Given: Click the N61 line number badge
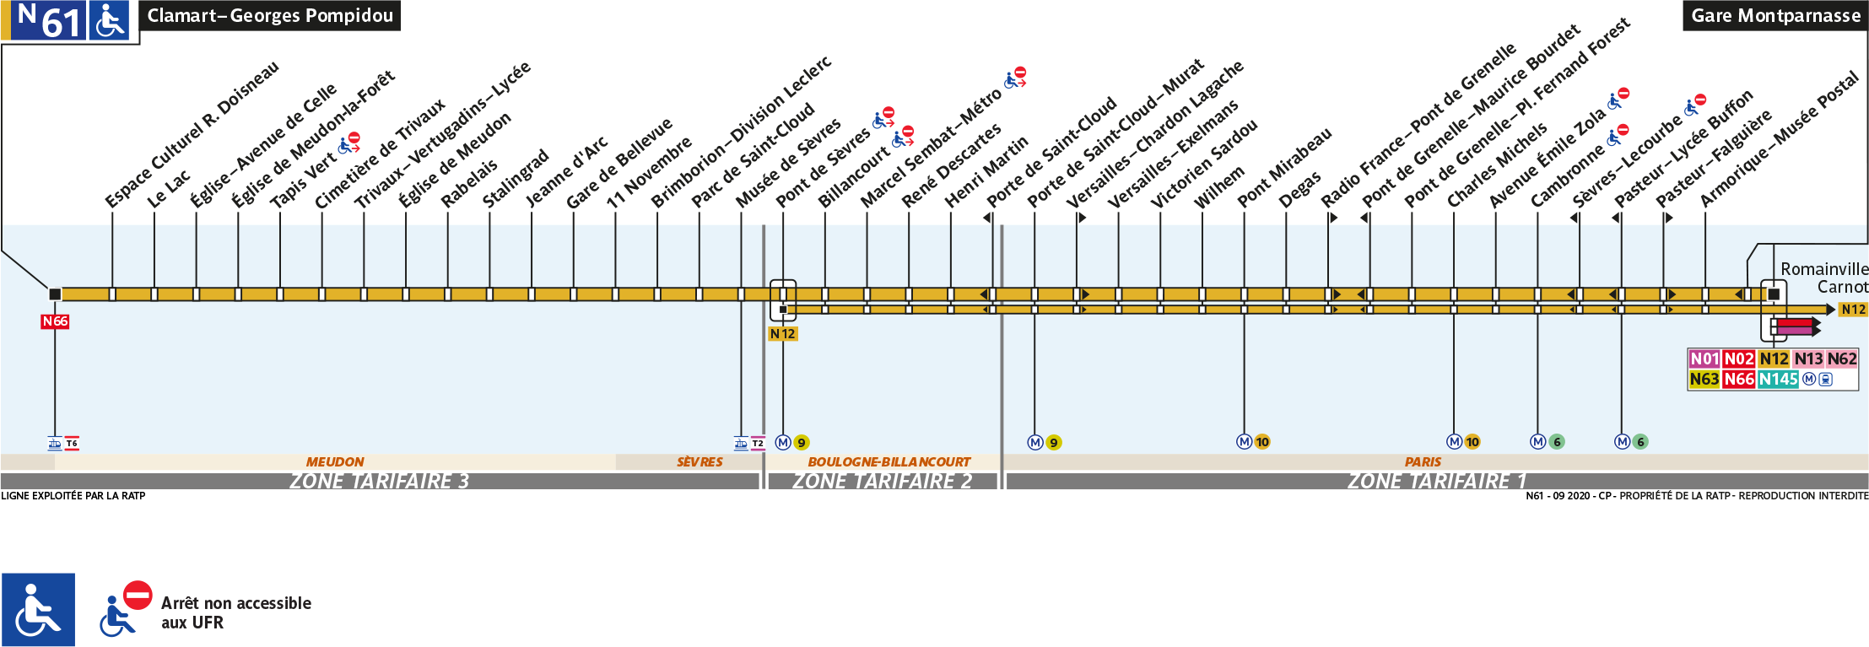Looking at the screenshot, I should click(x=49, y=20).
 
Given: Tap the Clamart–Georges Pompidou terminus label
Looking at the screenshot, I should click(x=269, y=16).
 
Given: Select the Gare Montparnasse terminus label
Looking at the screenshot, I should click(x=1775, y=16).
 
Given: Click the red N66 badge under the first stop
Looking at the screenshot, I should click(x=55, y=321).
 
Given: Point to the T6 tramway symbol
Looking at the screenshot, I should click(x=72, y=443).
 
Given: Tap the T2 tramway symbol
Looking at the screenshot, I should click(x=758, y=443).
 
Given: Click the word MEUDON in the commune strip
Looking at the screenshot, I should click(x=335, y=462).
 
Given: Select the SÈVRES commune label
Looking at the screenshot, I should click(x=700, y=462).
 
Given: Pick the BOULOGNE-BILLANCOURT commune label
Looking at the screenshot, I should click(x=889, y=462).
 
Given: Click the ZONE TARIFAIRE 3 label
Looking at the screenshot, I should click(x=379, y=481).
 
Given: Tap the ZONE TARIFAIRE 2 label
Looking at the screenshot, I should click(x=882, y=481).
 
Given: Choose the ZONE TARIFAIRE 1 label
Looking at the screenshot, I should click(x=1436, y=481).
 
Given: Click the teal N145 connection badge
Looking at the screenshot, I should click(x=1778, y=380).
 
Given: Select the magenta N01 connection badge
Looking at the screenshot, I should click(x=1704, y=359).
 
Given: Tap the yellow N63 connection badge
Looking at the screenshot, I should click(x=1704, y=380).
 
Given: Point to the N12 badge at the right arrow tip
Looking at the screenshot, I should click(x=1854, y=310).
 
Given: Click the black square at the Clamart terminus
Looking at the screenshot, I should click(x=55, y=294).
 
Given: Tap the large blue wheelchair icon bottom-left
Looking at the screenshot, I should click(x=38, y=610).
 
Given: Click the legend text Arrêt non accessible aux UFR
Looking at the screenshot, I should click(x=235, y=612).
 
